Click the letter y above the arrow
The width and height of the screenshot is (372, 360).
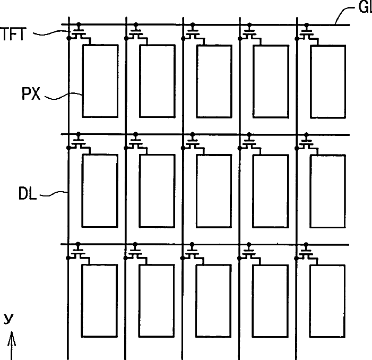[8, 319]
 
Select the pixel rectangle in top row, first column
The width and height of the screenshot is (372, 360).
[100, 81]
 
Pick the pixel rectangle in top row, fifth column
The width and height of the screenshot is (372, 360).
[327, 81]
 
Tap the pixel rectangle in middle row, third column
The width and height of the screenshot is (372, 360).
[213, 190]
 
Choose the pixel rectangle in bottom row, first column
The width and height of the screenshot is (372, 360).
[100, 301]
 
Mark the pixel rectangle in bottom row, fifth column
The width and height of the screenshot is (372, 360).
[327, 301]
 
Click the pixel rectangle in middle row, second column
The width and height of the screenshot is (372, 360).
[157, 190]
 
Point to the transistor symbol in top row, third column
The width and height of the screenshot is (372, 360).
[193, 33]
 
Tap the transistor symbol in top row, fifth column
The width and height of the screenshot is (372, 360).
[307, 33]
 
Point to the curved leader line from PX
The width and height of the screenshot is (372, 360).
[64, 96]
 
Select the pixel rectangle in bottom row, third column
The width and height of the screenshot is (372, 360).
[213, 301]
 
